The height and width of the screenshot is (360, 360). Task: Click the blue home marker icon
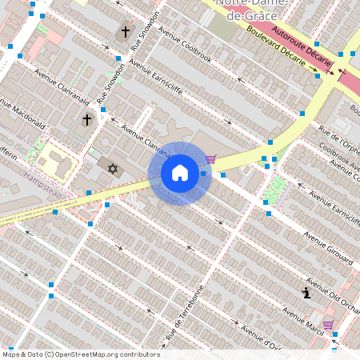(180, 173)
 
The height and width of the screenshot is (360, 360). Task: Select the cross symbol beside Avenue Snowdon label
(125, 32)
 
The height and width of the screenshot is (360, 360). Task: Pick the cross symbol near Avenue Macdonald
(86, 119)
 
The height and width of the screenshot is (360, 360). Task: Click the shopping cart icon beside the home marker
(210, 158)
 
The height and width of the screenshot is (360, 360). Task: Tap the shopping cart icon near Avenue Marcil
(328, 324)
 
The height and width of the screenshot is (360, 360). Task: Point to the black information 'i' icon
(306, 293)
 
